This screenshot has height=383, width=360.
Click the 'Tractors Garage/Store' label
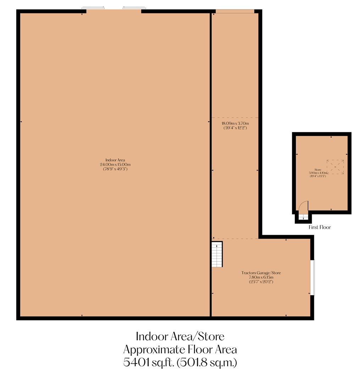pos(261,273)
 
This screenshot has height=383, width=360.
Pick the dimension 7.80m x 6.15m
pos(261,277)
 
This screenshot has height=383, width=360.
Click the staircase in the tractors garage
pos(217,255)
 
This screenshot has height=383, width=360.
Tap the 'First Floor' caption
pos(319,227)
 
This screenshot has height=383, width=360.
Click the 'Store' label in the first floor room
pos(317,170)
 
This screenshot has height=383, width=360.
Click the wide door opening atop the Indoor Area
pos(114,10)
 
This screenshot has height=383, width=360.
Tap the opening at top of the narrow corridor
pos(235,11)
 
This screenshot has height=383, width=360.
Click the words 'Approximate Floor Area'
pos(180,349)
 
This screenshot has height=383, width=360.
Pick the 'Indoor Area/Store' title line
pos(180,336)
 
